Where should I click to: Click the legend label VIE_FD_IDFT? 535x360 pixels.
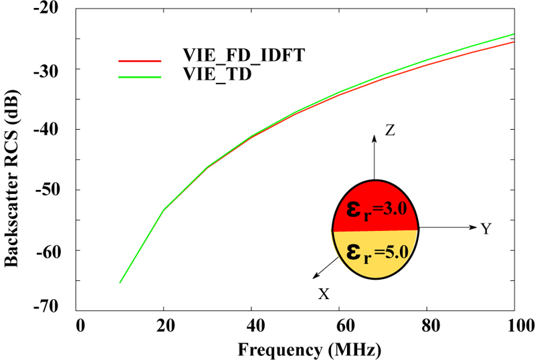(244, 56)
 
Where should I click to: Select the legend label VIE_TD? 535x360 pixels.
(217, 74)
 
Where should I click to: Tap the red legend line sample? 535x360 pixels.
(140, 60)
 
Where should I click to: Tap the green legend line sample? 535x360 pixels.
(140, 77)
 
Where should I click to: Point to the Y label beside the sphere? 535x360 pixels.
(486, 230)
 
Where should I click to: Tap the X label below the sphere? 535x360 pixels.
(324, 294)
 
